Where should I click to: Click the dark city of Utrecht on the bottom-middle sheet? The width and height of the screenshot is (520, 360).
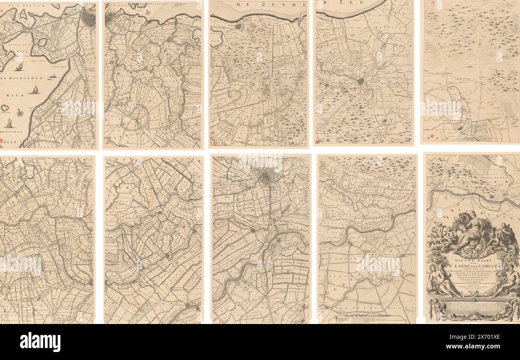click(x=264, y=176)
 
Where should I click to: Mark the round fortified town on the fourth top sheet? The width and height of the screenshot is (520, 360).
click(x=361, y=81)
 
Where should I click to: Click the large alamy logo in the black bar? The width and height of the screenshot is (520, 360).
click(x=40, y=342)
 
